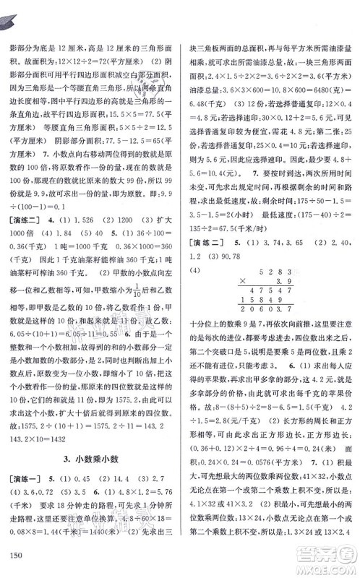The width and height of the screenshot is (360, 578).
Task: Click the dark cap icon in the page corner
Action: [x=13, y=13]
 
